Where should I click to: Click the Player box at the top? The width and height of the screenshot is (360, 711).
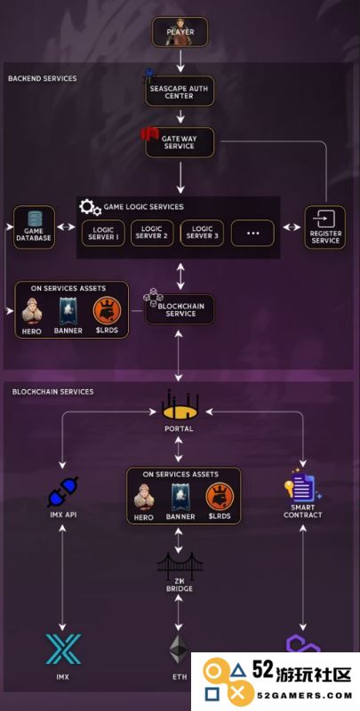point(180,32)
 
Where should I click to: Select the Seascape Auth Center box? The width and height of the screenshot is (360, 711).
point(180,92)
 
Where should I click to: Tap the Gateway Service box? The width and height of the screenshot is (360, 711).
point(180,142)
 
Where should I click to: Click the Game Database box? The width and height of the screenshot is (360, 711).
point(34,228)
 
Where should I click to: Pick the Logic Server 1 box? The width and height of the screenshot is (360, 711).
point(103,233)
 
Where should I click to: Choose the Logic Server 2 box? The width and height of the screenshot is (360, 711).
point(152,233)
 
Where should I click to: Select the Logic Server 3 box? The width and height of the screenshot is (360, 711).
point(202,233)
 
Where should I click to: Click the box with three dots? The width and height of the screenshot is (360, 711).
point(252,233)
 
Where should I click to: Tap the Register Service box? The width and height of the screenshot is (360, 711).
point(325,228)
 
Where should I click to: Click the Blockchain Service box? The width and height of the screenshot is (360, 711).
point(180,309)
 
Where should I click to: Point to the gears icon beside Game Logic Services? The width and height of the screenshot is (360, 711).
point(91,207)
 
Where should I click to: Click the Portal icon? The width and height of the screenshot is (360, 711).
point(180,404)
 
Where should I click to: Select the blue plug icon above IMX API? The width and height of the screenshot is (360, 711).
point(62,492)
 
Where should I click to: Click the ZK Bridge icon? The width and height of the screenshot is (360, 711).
point(180,563)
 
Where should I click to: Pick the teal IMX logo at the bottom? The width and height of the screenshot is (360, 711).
point(63,649)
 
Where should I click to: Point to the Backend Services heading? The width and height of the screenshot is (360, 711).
point(42,78)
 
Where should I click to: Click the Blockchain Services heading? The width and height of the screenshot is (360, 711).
point(52,391)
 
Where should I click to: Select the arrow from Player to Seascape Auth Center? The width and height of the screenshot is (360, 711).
point(180,60)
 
